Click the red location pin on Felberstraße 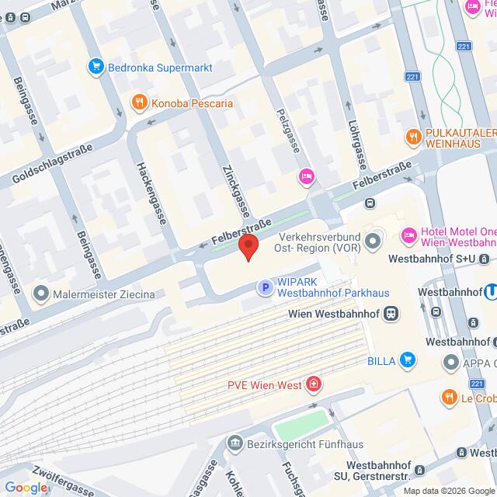click(x=248, y=247)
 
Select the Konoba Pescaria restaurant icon click(x=138, y=103)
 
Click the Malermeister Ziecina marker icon click(x=40, y=294)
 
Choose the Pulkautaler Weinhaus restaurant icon click(x=412, y=137)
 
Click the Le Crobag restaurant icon click(x=449, y=398)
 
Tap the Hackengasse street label click(x=151, y=187)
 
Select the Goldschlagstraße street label click(x=53, y=165)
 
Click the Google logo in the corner click(x=26, y=488)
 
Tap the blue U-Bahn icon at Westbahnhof click(x=490, y=294)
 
